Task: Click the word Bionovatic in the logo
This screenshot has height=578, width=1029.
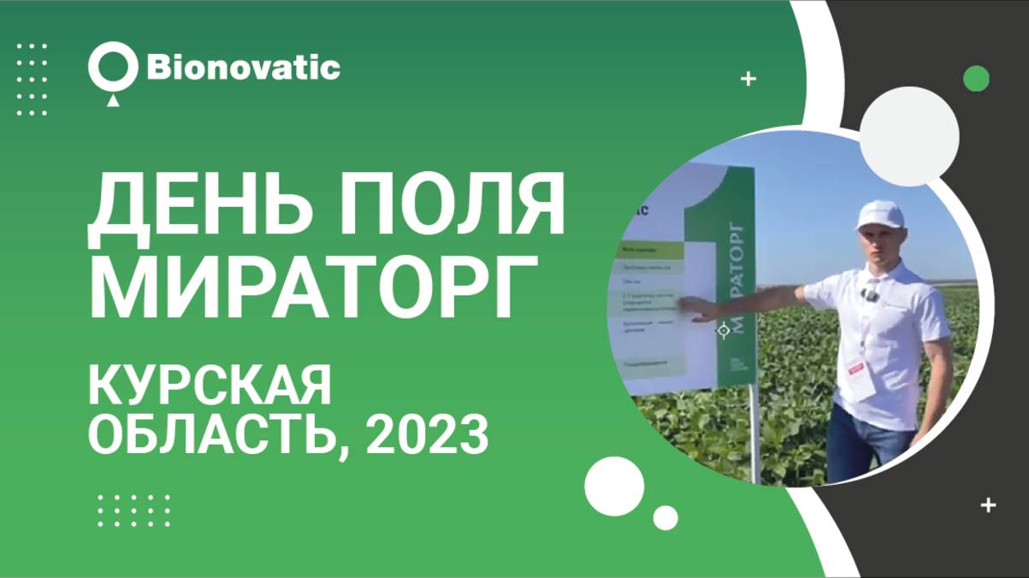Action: coord(244,68)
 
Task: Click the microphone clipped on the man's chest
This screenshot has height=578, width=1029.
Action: coord(871,296)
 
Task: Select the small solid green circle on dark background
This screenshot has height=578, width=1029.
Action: coord(976,79)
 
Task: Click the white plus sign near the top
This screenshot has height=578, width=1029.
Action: coord(748,79)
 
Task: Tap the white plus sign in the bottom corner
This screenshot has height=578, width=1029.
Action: coord(989,504)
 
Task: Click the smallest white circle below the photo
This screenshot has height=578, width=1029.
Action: coord(665,517)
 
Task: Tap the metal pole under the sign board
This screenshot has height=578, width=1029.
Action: coord(753,436)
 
